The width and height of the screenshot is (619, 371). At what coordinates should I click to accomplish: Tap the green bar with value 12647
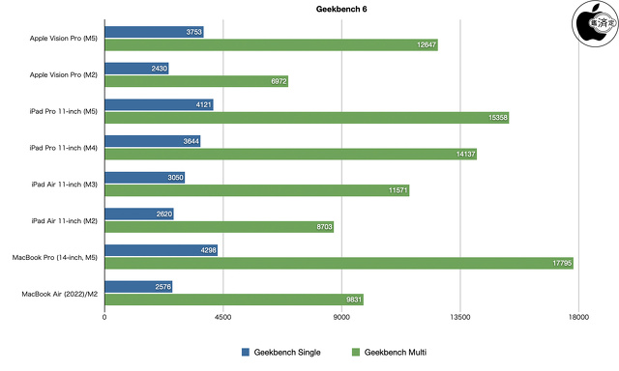(x=271, y=44)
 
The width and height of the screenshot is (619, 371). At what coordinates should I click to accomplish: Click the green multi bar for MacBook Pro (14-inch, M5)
(x=339, y=263)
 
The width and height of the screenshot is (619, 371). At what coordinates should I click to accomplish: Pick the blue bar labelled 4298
(x=160, y=250)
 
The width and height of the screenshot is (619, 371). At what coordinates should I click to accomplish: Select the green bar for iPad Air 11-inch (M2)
(x=219, y=226)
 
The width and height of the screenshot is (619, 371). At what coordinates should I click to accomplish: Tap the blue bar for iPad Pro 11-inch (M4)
(x=152, y=141)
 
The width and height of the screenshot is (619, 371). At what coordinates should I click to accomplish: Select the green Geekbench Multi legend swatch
(x=354, y=352)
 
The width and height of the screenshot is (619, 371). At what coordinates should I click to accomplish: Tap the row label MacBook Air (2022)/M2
(x=55, y=293)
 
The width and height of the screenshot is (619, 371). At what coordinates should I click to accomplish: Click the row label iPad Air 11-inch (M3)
(x=64, y=184)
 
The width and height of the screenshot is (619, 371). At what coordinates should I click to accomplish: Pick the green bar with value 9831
(x=233, y=299)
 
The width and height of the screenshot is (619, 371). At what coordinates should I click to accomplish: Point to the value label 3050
(x=171, y=178)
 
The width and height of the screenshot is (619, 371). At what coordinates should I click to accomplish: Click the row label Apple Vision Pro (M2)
(x=64, y=74)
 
